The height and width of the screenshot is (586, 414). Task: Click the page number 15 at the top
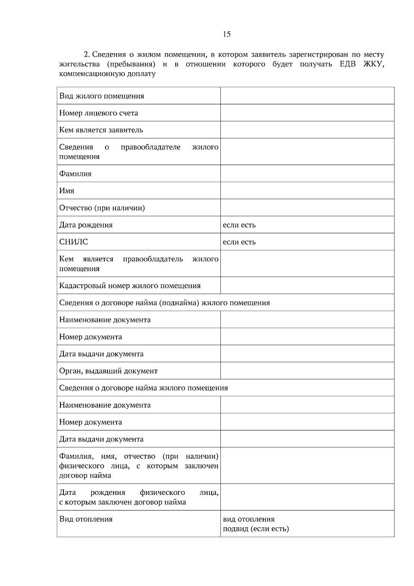pyautogui.click(x=227, y=34)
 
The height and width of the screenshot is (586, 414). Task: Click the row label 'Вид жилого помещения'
pyautogui.click(x=101, y=96)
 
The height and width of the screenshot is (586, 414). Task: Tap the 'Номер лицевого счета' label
pyautogui.click(x=98, y=113)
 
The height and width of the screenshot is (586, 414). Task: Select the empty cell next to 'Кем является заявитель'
pyautogui.click(x=307, y=130)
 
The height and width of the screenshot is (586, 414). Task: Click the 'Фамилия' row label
pyautogui.click(x=75, y=174)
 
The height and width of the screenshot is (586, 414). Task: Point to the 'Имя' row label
pyautogui.click(x=67, y=191)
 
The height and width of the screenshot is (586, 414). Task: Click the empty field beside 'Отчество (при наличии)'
pyautogui.click(x=307, y=208)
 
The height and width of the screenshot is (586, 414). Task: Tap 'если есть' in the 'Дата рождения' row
pyautogui.click(x=239, y=225)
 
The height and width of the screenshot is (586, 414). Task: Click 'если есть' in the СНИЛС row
pyautogui.click(x=239, y=242)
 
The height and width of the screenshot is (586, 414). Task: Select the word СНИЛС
pyautogui.click(x=73, y=242)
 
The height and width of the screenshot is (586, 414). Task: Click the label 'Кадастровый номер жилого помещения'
pyautogui.click(x=130, y=286)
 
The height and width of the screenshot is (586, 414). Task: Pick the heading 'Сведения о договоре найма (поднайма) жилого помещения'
pyautogui.click(x=164, y=303)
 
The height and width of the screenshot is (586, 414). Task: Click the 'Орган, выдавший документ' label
pyautogui.click(x=108, y=371)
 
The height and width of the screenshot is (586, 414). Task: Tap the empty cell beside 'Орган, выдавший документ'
pyautogui.click(x=307, y=371)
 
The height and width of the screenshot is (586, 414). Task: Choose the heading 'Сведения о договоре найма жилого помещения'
pyautogui.click(x=144, y=388)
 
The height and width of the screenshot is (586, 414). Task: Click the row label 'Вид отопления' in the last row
pyautogui.click(x=86, y=519)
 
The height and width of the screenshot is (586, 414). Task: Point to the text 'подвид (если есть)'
pyautogui.click(x=256, y=529)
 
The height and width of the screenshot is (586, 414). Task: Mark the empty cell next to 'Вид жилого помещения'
pyautogui.click(x=307, y=96)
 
